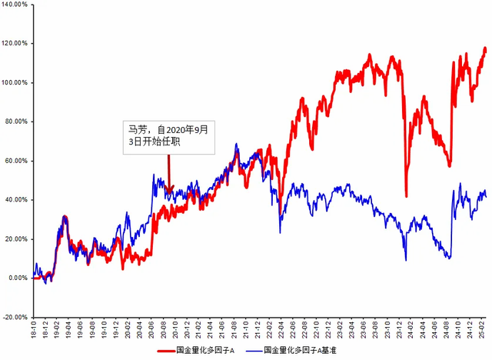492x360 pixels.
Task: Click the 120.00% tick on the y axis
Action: (15, 43)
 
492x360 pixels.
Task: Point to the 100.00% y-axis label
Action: (15, 82)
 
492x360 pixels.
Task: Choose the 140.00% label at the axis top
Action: (15, 5)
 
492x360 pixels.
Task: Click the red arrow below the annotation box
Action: (168, 171)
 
